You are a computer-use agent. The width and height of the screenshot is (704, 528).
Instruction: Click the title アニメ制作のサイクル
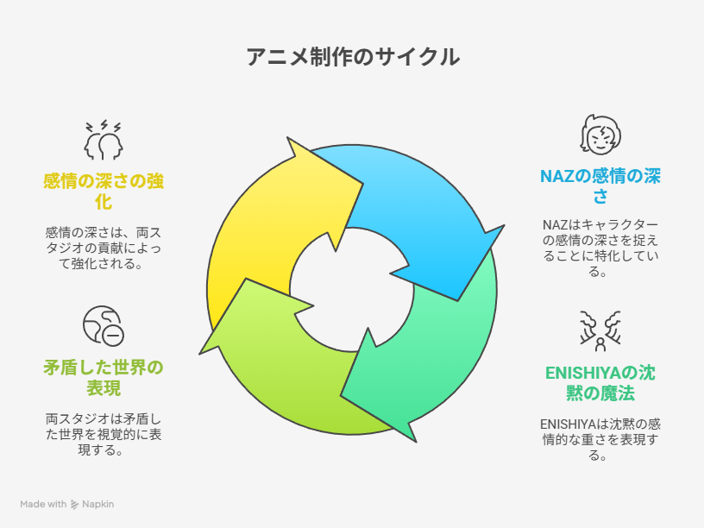[353, 57]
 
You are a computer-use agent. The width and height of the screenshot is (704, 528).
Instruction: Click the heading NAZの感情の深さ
[600, 185]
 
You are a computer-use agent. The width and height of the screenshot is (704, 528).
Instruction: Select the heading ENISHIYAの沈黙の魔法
[600, 383]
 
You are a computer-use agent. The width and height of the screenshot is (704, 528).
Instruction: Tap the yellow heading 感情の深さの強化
[104, 192]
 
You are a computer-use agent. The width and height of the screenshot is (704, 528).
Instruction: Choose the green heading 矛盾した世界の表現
[104, 378]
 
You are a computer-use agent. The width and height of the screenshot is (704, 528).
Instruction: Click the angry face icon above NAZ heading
[600, 135]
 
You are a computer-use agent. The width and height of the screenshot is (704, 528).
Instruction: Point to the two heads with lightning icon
[104, 140]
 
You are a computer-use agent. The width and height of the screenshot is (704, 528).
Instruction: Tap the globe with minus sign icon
[104, 325]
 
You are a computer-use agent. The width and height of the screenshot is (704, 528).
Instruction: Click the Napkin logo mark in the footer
[74, 505]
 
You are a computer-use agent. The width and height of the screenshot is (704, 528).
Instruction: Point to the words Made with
[43, 504]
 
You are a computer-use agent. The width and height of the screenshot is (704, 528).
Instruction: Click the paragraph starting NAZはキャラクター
[600, 248]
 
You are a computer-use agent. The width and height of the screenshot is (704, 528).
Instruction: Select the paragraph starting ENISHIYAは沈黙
[600, 439]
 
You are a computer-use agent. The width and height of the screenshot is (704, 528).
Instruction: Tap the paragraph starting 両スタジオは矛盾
[104, 434]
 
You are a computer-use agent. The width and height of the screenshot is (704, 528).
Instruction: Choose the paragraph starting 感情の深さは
[104, 248]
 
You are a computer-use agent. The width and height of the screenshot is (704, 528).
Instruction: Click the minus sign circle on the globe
[113, 335]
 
